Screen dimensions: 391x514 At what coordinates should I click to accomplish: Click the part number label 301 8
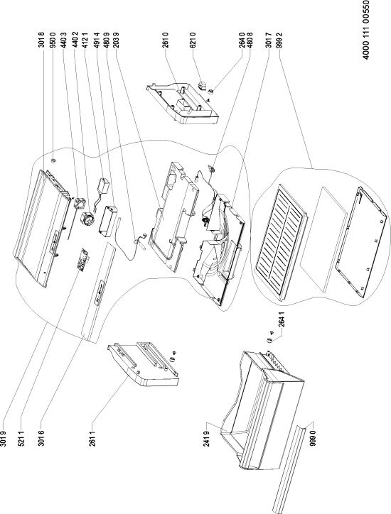pos(42,40)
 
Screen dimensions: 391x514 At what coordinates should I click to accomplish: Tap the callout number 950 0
pos(52,40)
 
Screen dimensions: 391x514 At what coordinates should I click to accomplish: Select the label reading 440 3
pos(64,40)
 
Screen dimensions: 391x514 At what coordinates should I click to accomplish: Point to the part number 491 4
pos(97,40)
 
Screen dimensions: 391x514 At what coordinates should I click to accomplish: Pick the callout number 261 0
pos(165,40)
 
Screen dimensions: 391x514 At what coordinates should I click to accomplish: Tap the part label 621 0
pos(193,40)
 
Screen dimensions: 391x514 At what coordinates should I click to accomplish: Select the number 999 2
pos(279,40)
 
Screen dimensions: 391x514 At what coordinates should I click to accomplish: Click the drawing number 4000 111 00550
pos(366,30)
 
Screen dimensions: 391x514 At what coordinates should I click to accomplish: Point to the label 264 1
pos(282,319)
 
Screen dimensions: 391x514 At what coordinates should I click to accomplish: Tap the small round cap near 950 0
pos(53,160)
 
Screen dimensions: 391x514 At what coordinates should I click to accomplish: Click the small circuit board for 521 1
pos(82,260)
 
